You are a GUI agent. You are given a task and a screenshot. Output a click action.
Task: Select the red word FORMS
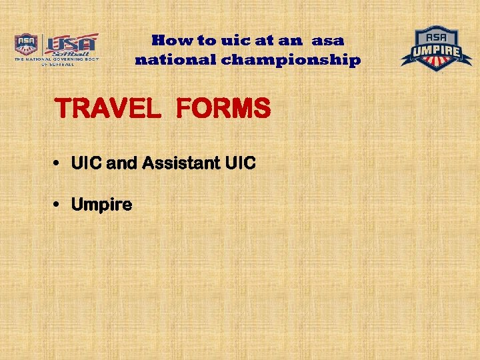(223, 109)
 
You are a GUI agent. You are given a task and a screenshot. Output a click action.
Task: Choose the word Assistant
(181, 163)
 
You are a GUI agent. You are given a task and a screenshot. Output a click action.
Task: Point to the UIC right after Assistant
(240, 163)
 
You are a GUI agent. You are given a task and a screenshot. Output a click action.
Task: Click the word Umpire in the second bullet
(101, 205)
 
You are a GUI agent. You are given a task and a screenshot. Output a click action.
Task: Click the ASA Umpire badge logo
(436, 49)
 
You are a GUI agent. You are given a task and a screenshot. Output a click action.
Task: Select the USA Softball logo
(71, 45)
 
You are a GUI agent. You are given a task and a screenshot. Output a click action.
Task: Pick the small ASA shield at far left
(27, 45)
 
